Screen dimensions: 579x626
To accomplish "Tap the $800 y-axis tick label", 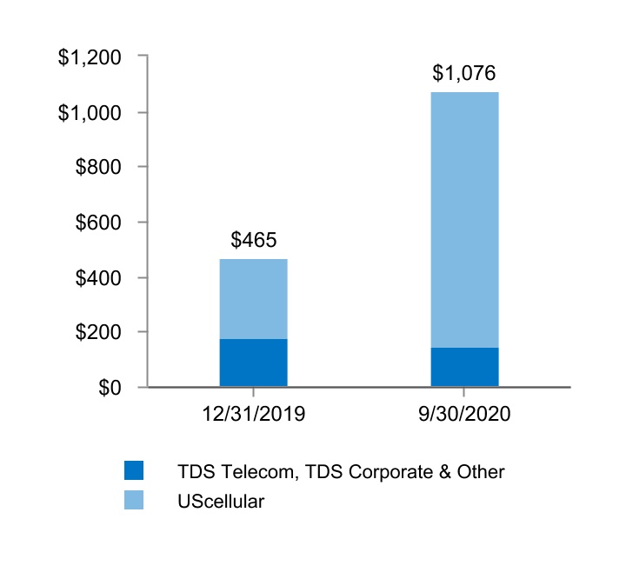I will (103, 168).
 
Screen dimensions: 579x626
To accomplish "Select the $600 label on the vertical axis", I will (103, 223).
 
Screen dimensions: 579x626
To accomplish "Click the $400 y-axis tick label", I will (103, 277).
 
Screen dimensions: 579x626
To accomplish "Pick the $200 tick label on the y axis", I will (103, 332).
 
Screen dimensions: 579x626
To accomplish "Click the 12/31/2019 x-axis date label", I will (253, 414).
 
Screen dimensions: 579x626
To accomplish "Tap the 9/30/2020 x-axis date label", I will (464, 414).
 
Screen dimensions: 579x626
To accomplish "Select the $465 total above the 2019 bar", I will (253, 239).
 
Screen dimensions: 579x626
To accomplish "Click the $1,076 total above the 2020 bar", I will (464, 72).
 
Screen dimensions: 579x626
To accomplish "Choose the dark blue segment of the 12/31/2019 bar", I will (253, 363).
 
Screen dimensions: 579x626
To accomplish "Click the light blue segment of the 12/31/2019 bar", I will (253, 299).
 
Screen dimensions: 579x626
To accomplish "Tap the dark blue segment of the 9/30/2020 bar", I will (464, 367).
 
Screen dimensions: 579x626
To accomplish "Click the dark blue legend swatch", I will (133, 470).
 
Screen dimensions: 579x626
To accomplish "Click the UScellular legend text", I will (221, 501).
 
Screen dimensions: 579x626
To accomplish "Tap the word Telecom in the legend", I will (250, 471).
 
